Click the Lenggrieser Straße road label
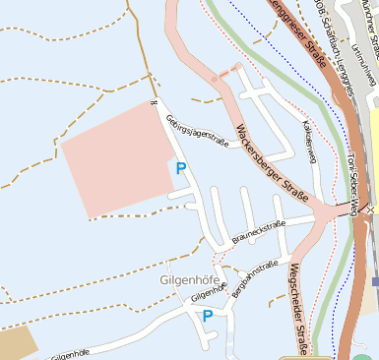click(304, 30)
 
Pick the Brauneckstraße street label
click(258, 232)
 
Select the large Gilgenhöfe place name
click(185, 279)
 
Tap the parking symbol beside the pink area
click(181, 168)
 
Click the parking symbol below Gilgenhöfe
click(208, 316)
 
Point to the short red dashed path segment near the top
click(228, 71)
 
